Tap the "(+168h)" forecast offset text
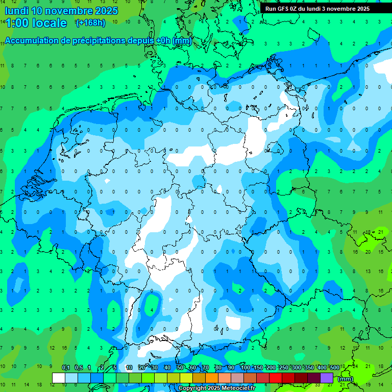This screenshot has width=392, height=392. pos(90,22)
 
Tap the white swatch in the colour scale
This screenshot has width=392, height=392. pos(59,378)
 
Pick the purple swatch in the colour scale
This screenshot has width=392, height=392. pos(327,378)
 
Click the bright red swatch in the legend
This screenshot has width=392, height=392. pos(276,378)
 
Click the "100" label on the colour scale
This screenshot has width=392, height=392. pos(245,367)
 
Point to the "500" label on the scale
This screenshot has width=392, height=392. pos(334,367)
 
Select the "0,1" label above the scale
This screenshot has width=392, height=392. pos(65,367)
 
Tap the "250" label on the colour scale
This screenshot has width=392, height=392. pos(283,367)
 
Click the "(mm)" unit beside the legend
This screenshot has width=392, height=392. pos(346,379)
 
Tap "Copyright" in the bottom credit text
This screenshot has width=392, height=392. pos(192,388)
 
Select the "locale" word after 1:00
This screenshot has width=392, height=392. pos(49,23)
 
